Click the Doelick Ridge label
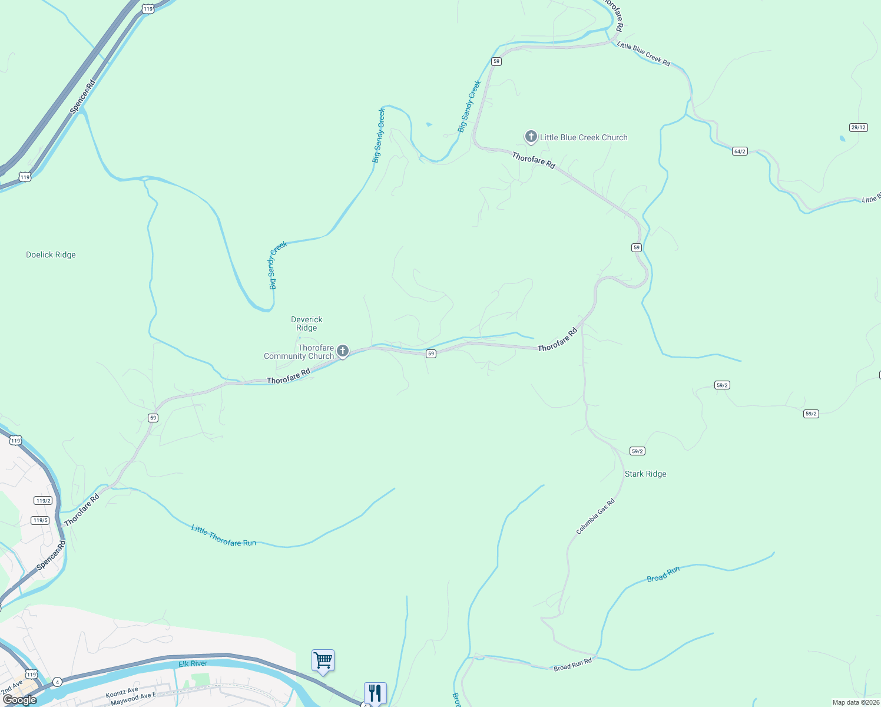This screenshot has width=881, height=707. [51, 255]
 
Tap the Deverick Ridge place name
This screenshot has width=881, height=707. [307, 323]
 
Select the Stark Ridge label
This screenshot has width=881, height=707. [645, 474]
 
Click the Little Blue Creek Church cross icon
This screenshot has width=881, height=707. [531, 137]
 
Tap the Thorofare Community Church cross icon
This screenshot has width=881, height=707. [342, 351]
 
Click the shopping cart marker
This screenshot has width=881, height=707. [323, 660]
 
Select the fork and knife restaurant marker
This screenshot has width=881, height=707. [375, 693]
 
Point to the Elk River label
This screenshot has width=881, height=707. [193, 664]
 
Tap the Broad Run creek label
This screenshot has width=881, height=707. [663, 574]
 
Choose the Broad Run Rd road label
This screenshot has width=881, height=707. [572, 665]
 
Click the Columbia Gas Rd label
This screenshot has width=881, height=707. [595, 517]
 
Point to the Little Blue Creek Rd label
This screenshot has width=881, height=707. [644, 54]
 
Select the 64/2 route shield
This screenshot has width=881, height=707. [740, 151]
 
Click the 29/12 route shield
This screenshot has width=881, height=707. [859, 127]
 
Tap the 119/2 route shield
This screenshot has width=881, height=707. [43, 501]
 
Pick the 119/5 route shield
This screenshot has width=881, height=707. [41, 520]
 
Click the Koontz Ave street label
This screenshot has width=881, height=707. [122, 692]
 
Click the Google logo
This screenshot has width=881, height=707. [19, 700]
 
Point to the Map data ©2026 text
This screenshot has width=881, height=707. [856, 702]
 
